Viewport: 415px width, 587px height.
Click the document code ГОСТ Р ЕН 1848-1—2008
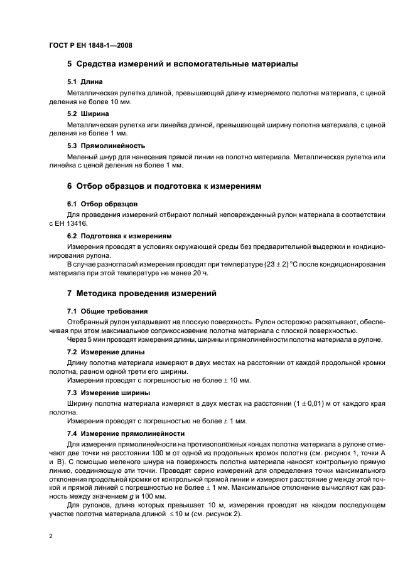click(x=90, y=45)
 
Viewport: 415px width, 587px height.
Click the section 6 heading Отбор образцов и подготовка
click(x=163, y=187)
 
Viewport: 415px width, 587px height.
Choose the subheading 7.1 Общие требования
click(x=107, y=311)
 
